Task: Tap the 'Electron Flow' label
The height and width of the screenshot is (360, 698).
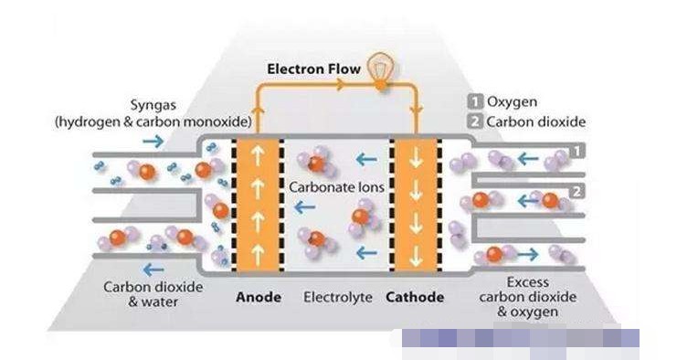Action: [313, 69]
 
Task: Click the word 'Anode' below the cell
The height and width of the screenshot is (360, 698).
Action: [259, 297]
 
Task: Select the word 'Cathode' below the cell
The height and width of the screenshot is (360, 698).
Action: [415, 297]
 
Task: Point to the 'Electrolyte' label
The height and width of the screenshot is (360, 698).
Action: [338, 297]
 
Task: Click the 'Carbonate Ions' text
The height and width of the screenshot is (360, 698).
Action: [336, 187]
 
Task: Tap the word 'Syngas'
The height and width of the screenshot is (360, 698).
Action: [153, 106]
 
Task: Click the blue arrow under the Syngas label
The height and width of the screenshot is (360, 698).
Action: [153, 142]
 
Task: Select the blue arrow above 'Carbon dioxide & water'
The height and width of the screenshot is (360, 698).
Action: [153, 270]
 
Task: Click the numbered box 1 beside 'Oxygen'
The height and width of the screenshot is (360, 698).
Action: [475, 102]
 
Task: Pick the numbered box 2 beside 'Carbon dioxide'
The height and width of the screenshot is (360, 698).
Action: [475, 122]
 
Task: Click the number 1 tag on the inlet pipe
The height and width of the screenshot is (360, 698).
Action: [576, 152]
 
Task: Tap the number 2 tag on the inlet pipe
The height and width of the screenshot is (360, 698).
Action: [576, 192]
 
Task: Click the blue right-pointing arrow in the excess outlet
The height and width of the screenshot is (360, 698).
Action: [527, 255]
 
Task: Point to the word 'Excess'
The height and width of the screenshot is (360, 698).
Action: [527, 282]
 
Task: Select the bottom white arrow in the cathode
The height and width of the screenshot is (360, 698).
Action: [416, 256]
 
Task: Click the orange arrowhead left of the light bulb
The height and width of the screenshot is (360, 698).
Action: [340, 84]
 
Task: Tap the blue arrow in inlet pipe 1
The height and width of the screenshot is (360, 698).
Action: [528, 158]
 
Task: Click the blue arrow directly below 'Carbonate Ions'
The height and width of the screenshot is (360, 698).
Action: [304, 206]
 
